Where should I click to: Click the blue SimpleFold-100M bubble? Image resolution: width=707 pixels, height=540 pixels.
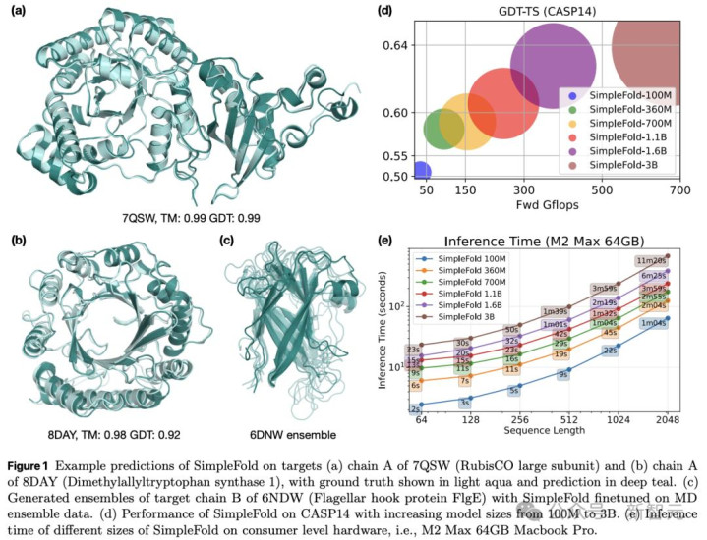[x=421, y=171]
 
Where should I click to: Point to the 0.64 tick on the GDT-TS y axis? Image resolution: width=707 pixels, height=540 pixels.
[x=395, y=45]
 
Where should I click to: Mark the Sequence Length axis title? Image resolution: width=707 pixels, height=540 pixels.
[x=540, y=431]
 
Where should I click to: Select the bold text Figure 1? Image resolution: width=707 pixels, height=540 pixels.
[x=34, y=462]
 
